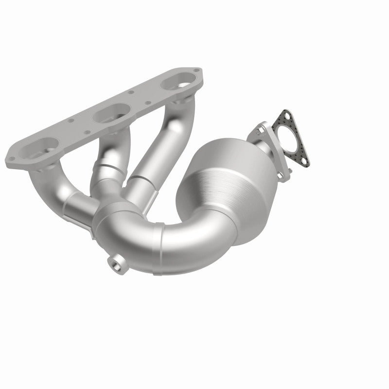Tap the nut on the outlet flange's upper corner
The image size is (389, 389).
pyautogui.click(x=261, y=127)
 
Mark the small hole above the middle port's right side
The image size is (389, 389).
pyautogui.click(x=131, y=92)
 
